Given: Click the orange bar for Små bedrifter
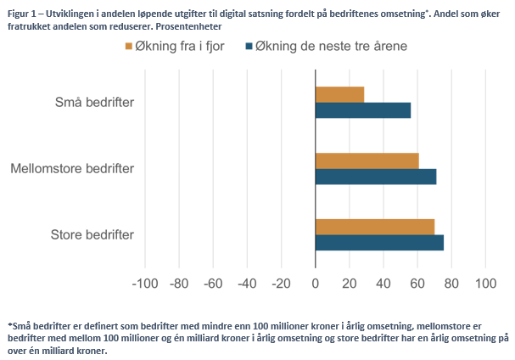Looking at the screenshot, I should (339, 94).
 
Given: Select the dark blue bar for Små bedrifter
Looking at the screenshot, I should (363, 110).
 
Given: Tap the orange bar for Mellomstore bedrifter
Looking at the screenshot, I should (367, 160).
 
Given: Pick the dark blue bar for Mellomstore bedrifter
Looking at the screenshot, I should (375, 177).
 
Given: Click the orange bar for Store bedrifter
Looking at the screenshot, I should (374, 227).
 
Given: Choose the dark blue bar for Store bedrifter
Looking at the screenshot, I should (379, 243).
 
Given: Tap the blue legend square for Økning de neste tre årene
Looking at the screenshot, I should (250, 46).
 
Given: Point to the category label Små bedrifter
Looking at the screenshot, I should (94, 103).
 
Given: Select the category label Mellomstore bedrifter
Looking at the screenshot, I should (72, 169).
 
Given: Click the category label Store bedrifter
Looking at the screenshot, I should (92, 235).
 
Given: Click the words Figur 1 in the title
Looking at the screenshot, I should (23, 8).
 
